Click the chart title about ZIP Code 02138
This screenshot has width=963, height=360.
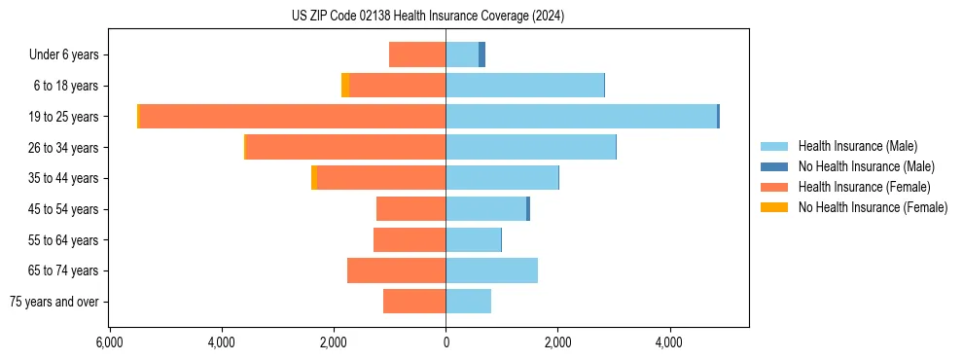point(427,17)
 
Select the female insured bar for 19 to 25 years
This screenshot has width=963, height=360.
point(292,117)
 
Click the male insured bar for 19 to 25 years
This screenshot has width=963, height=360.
point(581,117)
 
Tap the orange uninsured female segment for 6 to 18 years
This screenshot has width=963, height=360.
point(345,86)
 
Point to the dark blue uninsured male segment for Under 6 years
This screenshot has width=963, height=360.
point(481,54)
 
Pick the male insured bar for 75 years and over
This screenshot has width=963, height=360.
point(468,302)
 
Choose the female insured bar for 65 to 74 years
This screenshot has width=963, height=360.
point(396,270)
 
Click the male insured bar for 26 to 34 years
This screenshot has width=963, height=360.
point(530,147)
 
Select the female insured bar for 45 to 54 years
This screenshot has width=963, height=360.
point(410,209)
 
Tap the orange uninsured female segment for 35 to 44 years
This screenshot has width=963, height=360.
point(314,178)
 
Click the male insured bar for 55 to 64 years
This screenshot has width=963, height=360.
point(473,239)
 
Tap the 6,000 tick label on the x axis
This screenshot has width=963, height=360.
point(109,342)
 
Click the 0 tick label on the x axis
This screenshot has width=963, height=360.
point(446,342)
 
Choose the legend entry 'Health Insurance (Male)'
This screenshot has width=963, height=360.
point(857,146)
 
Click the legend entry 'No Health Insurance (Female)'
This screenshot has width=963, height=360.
point(873,207)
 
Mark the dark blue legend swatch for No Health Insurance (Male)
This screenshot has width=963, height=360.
point(774,166)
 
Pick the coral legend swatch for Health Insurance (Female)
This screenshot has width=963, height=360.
point(774,187)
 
